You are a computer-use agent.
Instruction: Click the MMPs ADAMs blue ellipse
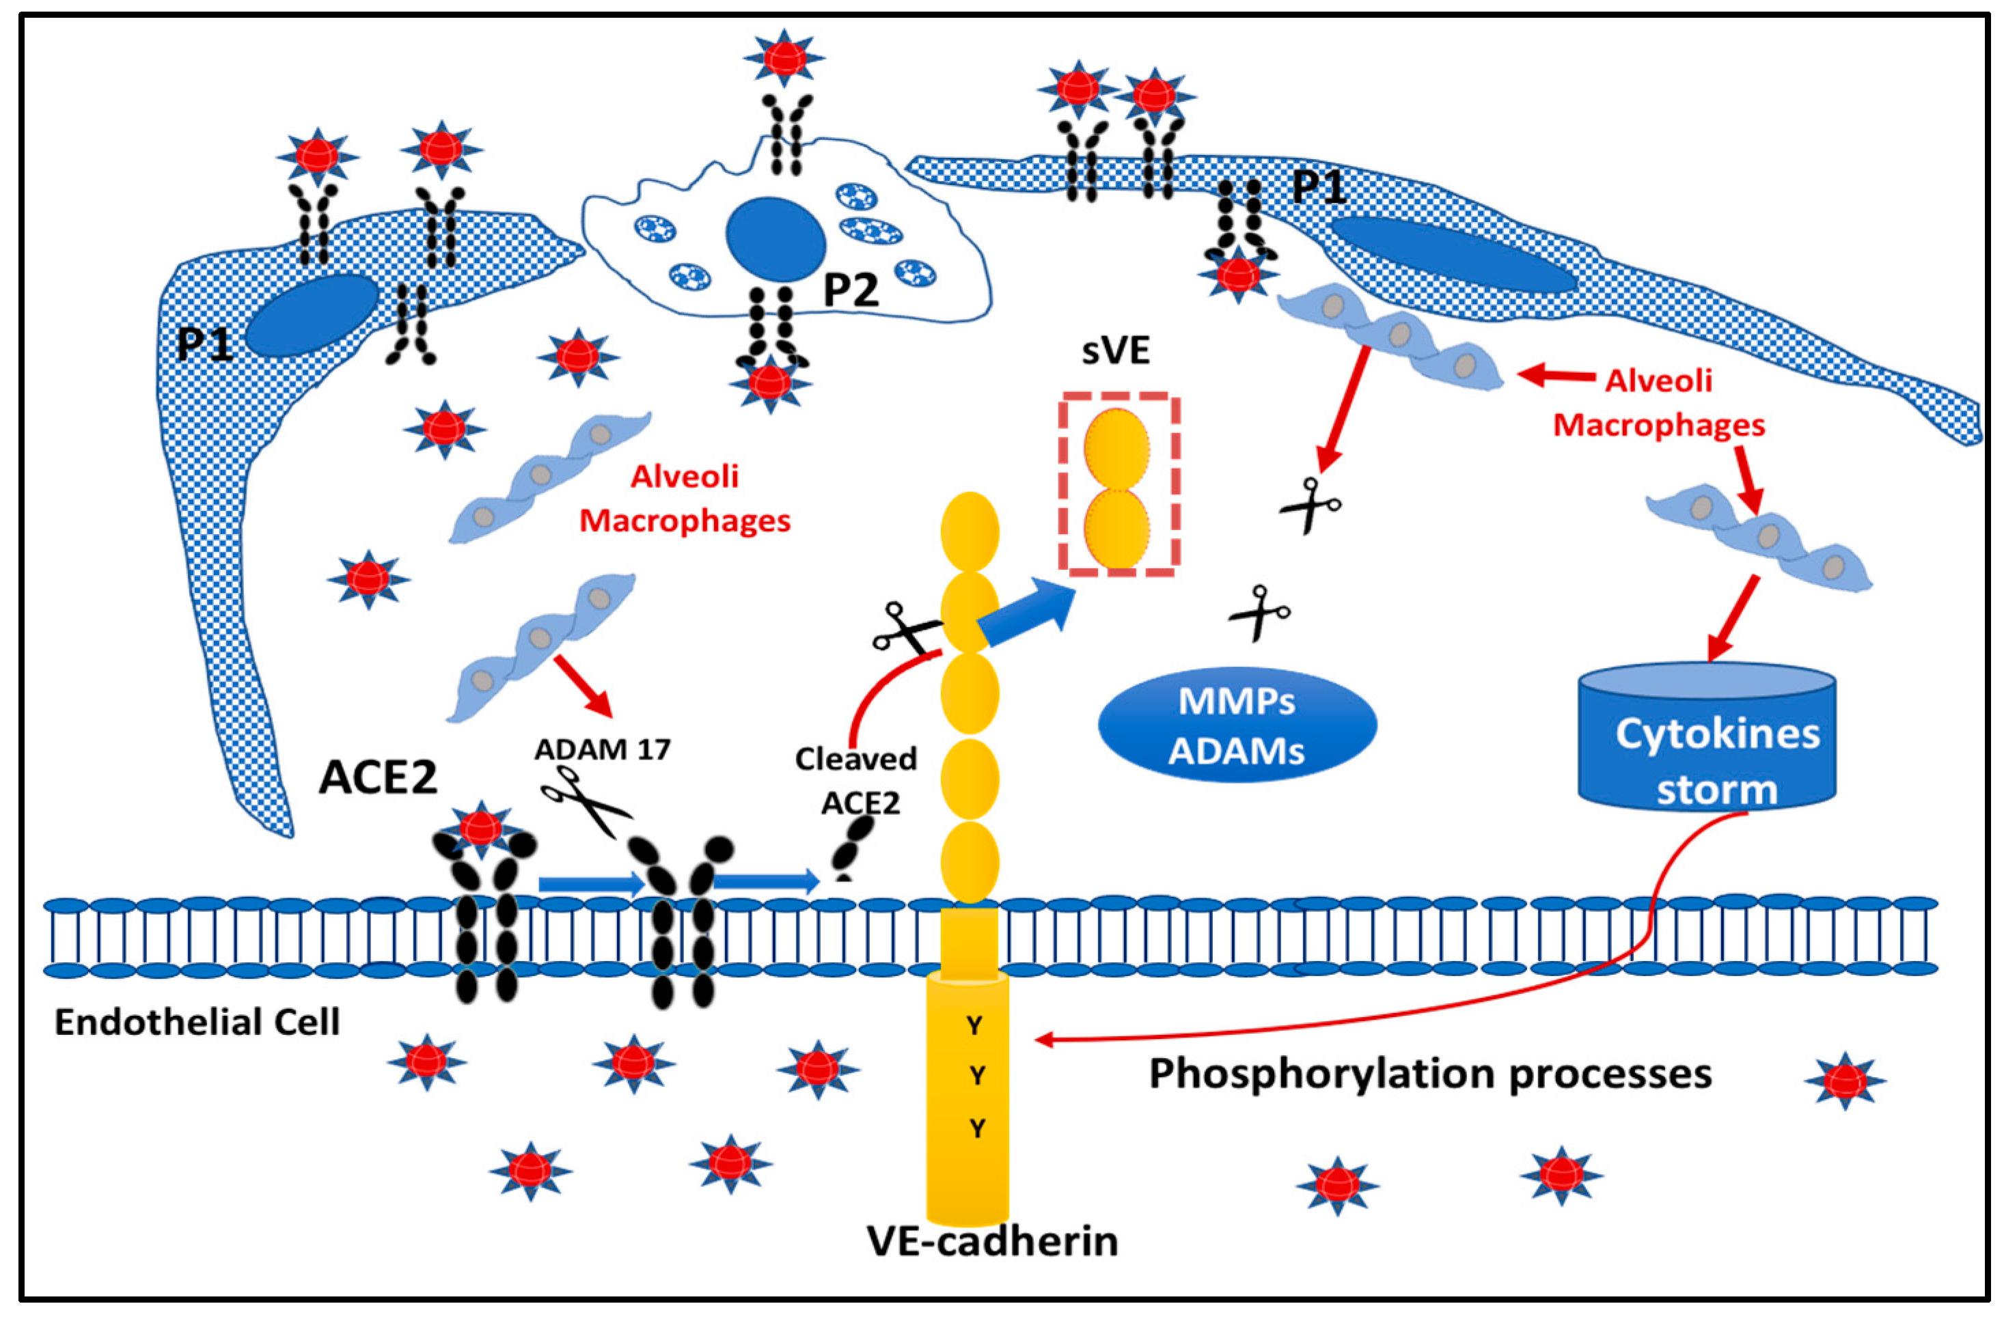pyautogui.click(x=1237, y=725)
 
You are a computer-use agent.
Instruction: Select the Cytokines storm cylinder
pyautogui.click(x=1707, y=736)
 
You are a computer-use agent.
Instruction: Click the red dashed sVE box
pyautogui.click(x=1119, y=485)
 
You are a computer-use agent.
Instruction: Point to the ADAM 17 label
pyautogui.click(x=603, y=749)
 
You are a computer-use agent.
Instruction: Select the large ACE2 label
pyautogui.click(x=378, y=777)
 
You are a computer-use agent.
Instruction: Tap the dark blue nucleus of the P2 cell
pyautogui.click(x=775, y=239)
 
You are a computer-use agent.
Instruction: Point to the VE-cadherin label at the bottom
pyautogui.click(x=993, y=1240)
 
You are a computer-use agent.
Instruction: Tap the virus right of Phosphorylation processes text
pyautogui.click(x=1845, y=1080)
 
